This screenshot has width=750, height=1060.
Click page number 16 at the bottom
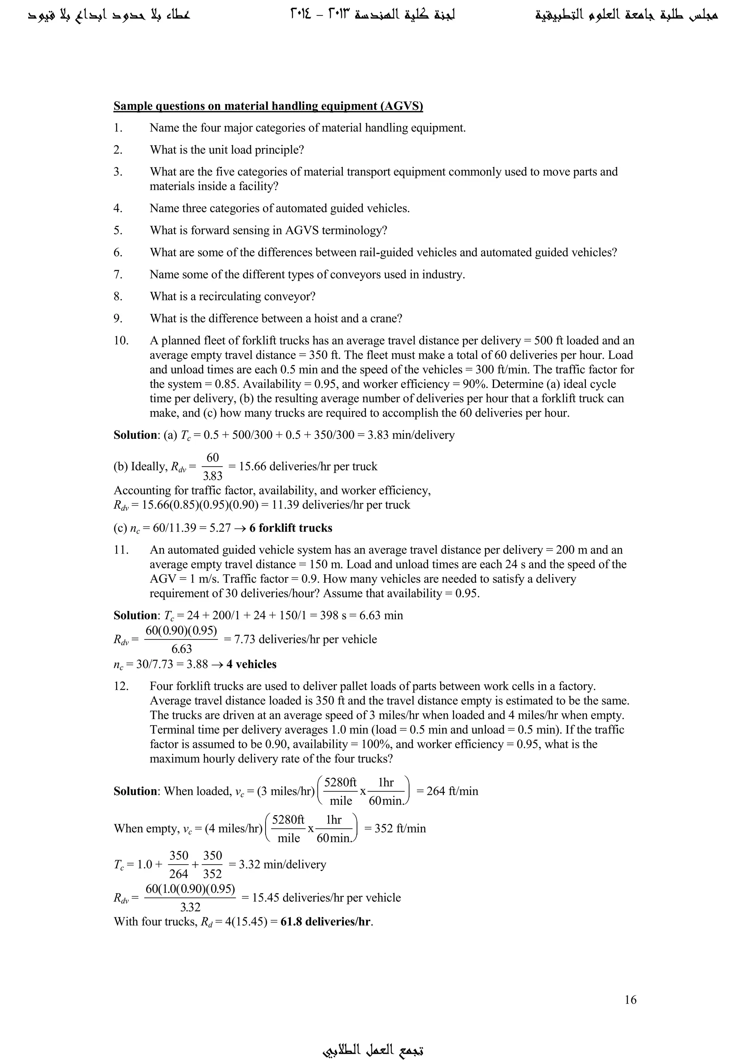(630, 1000)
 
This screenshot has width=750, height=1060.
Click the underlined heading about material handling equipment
(268, 106)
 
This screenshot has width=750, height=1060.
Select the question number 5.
(118, 230)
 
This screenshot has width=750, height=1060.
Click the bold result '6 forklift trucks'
(290, 528)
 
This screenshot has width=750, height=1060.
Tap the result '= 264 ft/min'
(448, 791)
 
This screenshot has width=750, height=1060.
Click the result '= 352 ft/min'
(395, 829)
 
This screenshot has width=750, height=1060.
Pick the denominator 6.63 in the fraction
(182, 649)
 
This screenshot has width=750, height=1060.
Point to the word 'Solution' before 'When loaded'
(136, 791)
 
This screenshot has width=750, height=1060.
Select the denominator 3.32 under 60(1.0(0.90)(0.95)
(190, 907)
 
